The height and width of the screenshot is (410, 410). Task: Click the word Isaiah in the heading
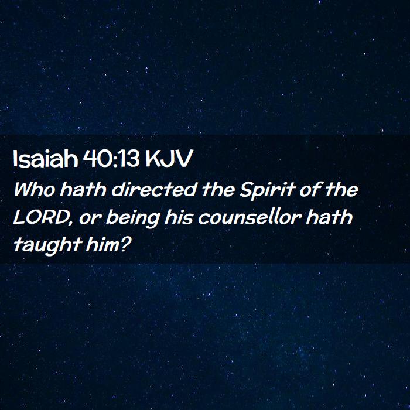click(46, 159)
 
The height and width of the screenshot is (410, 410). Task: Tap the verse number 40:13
click(111, 159)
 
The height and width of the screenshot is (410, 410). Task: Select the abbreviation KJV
click(169, 159)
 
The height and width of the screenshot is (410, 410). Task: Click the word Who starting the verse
click(34, 189)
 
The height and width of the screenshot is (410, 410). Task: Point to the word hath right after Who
click(83, 189)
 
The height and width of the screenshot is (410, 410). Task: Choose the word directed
click(154, 189)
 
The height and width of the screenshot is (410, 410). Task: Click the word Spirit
click(268, 191)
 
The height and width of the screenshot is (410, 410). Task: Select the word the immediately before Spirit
click(218, 189)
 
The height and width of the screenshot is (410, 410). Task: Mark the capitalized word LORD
click(41, 217)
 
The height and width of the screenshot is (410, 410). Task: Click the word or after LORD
click(90, 219)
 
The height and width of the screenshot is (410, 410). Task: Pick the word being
click(133, 218)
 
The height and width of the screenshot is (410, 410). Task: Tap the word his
click(179, 217)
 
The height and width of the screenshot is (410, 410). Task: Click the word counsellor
click(250, 217)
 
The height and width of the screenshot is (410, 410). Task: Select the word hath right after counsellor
click(329, 217)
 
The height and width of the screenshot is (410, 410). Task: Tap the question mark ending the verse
click(125, 244)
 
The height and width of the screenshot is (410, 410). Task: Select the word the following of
click(341, 189)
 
